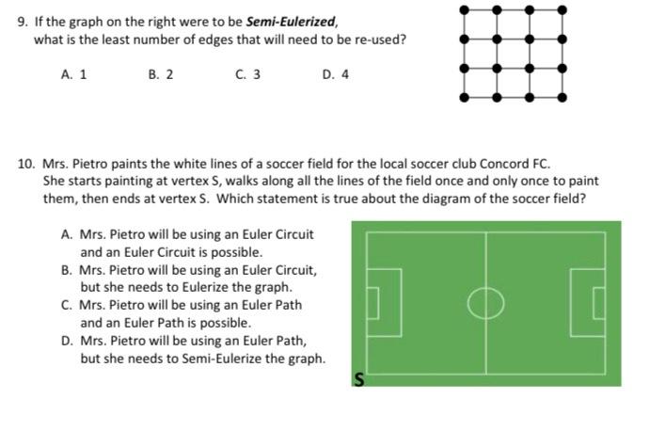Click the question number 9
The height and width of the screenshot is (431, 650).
click(x=23, y=20)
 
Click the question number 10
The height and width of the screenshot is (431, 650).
click(x=25, y=163)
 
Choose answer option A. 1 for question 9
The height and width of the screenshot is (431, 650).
click(x=74, y=74)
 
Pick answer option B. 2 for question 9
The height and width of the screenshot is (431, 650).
click(x=161, y=74)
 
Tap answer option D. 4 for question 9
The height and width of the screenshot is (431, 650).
click(x=336, y=74)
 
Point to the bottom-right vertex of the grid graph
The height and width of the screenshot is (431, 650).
click(x=563, y=97)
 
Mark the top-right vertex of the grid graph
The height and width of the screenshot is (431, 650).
click(x=563, y=9)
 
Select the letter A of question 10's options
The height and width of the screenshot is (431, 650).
click(x=66, y=234)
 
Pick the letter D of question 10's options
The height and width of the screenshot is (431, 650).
click(x=67, y=342)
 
